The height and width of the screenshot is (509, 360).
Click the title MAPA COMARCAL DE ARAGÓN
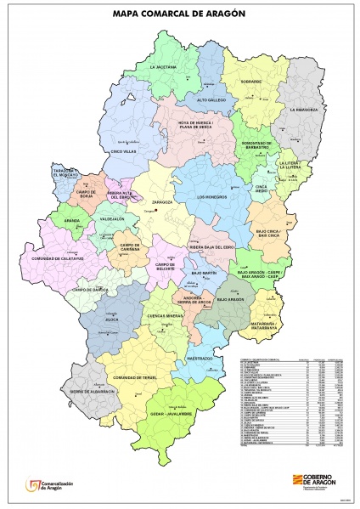[180, 14]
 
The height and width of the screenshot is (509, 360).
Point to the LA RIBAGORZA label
[302, 110]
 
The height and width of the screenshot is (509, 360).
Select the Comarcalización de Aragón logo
[51, 485]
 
